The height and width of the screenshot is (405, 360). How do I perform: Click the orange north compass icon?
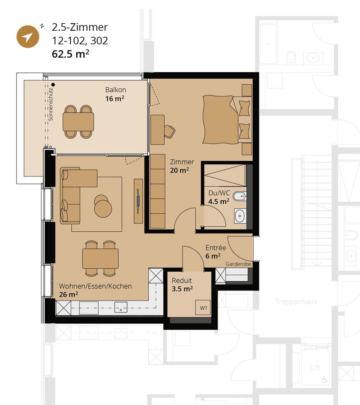[x=28, y=36]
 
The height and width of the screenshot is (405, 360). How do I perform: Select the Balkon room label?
[x=116, y=94]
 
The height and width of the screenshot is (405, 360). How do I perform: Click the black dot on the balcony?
[x=53, y=84]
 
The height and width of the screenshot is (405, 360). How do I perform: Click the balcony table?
[x=78, y=122]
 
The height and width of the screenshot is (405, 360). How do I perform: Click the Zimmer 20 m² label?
[x=182, y=166]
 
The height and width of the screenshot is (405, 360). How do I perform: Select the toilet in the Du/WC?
[x=239, y=197]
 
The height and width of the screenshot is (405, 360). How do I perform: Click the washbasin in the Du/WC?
[x=239, y=216]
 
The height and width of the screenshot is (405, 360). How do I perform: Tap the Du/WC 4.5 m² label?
[x=219, y=197]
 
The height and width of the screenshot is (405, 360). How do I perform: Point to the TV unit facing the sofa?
[x=138, y=201]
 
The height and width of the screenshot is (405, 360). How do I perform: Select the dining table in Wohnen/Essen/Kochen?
[x=100, y=258]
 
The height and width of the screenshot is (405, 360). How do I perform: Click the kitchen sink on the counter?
[x=121, y=307]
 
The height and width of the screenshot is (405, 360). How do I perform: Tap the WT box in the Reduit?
[x=203, y=308]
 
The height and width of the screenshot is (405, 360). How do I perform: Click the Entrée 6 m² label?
[x=215, y=252]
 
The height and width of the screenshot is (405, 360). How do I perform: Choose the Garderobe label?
[x=238, y=264]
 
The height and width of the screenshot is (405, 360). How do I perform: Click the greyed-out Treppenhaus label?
[x=296, y=302]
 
